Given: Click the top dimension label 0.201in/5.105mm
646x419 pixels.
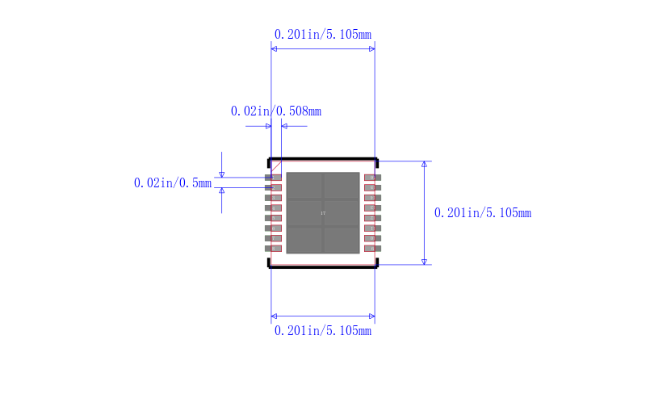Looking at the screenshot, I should [323, 35].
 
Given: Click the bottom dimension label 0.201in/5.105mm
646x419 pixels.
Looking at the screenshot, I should [323, 331].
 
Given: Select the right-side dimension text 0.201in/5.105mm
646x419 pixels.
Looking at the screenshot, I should [482, 213].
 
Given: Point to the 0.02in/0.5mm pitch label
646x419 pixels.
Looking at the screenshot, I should [172, 183].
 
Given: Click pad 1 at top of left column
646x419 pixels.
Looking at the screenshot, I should [274, 178].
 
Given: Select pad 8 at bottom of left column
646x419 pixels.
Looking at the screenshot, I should [274, 249].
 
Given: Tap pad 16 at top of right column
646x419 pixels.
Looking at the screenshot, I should [371, 178].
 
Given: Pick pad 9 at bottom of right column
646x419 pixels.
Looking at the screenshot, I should [371, 249].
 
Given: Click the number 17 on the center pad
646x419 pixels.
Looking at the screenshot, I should [323, 213].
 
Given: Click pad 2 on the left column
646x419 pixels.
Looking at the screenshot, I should [274, 187].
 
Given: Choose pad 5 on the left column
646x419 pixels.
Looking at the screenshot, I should [274, 218].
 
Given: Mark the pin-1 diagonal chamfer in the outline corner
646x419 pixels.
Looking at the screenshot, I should [275, 166].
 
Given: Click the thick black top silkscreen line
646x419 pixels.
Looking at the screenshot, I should [323, 159].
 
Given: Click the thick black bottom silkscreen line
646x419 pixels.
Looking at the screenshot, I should [323, 266].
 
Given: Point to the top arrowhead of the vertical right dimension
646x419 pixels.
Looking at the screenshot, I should [424, 164].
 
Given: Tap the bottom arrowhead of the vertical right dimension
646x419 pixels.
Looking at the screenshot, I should [424, 261].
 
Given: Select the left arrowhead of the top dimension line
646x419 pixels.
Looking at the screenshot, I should [275, 49].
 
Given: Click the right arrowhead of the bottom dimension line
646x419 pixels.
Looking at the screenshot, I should [371, 316].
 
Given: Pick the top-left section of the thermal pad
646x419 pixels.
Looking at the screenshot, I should [304, 186].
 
